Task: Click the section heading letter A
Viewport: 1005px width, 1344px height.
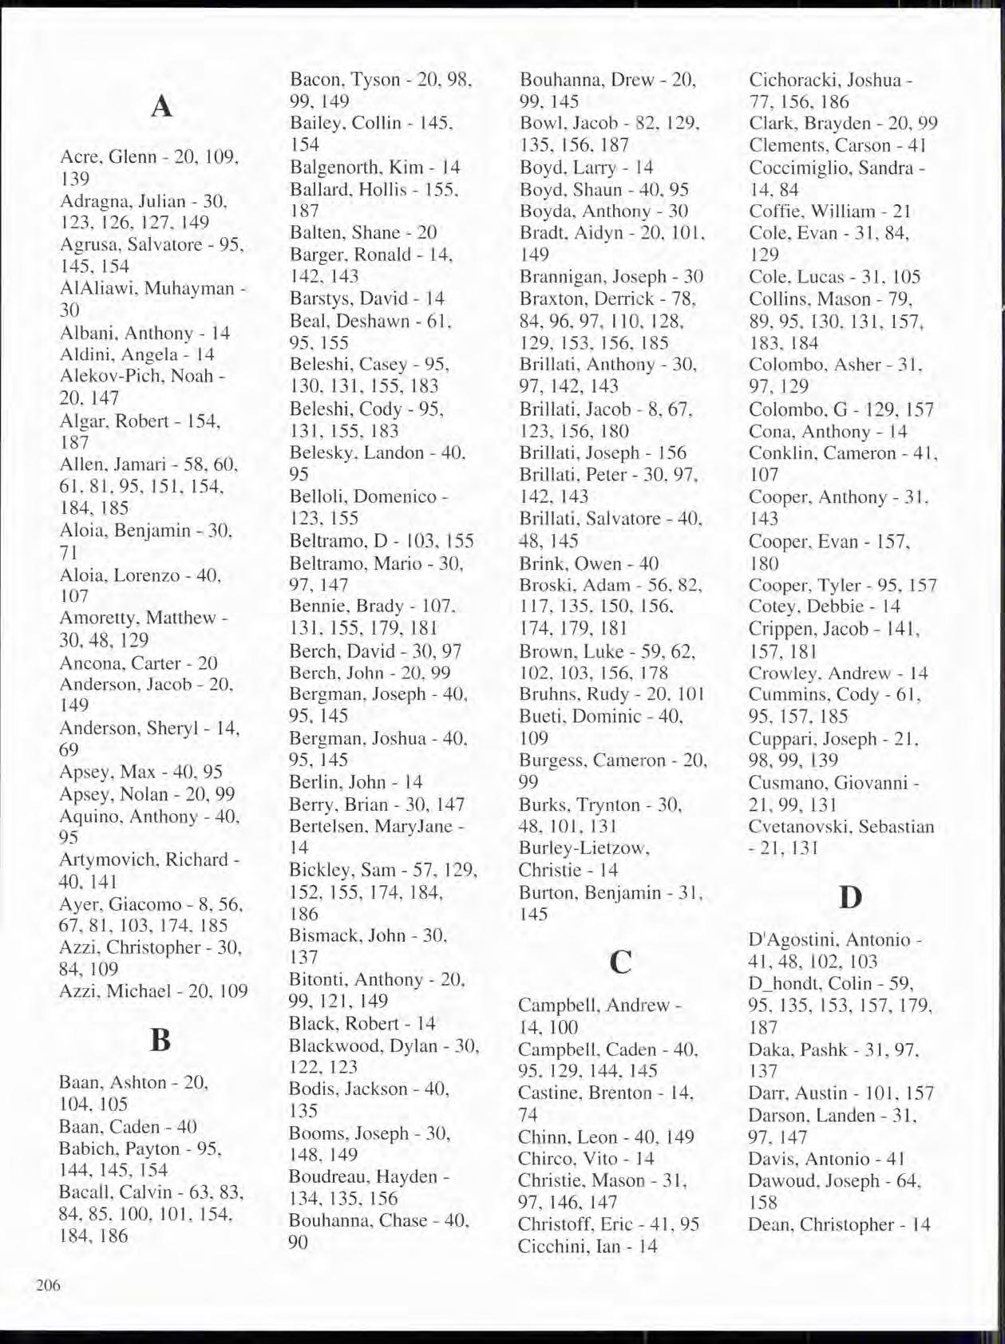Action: click(x=161, y=106)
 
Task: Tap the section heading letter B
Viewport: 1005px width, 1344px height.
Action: click(x=160, y=1040)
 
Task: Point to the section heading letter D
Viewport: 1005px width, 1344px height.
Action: click(x=851, y=897)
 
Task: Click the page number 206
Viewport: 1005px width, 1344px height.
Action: click(x=48, y=1285)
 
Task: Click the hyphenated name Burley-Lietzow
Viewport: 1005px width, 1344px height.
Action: click(x=584, y=848)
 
